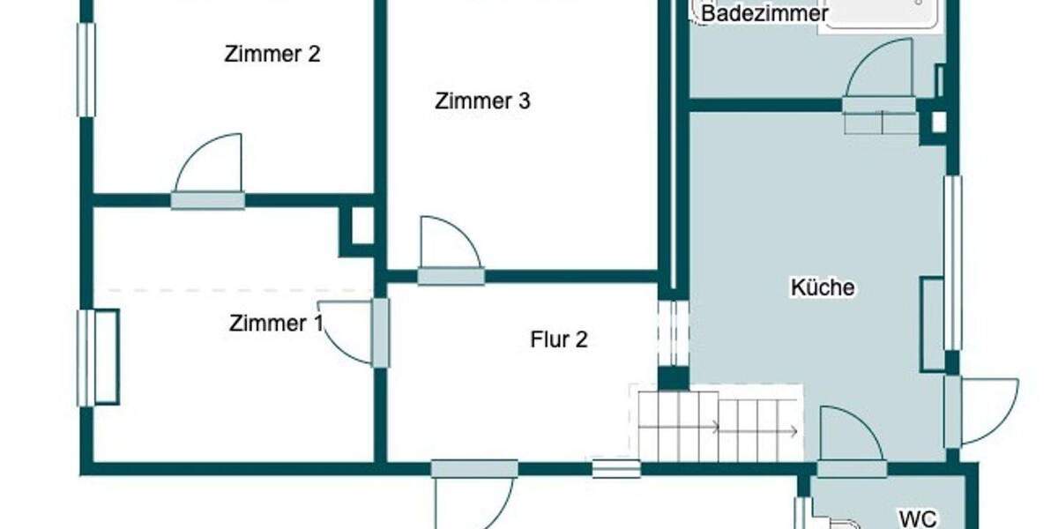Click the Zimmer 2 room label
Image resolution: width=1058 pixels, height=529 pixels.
coord(272,55)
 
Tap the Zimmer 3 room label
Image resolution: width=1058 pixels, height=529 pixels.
coord(482,101)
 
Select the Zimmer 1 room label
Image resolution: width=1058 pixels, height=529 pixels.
coord(275,324)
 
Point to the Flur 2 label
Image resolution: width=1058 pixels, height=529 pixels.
coord(559,339)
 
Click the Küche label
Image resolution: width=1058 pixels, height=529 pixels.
coord(822,287)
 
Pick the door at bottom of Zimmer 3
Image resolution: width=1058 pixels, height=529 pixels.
coord(451,246)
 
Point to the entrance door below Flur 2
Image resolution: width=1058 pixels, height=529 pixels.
coord(474,498)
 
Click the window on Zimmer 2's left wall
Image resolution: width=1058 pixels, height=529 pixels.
coord(86,70)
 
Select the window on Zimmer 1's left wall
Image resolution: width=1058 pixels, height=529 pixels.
coord(86,357)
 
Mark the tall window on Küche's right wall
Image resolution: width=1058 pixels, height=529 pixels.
coord(953,263)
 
